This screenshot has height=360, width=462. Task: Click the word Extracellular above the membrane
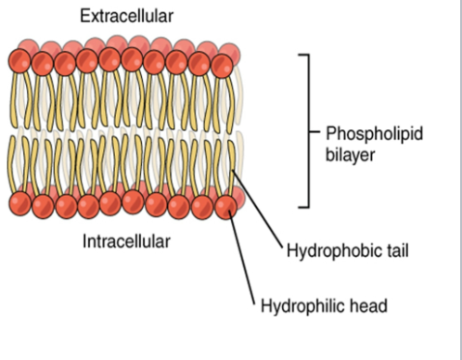pyautogui.click(x=126, y=17)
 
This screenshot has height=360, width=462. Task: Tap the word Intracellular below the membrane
pyautogui.click(x=126, y=242)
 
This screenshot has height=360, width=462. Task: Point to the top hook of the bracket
pyautogui.click(x=302, y=56)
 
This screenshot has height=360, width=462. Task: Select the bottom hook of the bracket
pyautogui.click(x=302, y=206)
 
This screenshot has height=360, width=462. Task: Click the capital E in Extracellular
pyautogui.click(x=85, y=17)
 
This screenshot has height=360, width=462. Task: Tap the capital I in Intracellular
pyautogui.click(x=85, y=242)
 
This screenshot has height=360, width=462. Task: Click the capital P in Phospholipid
pyautogui.click(x=331, y=134)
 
